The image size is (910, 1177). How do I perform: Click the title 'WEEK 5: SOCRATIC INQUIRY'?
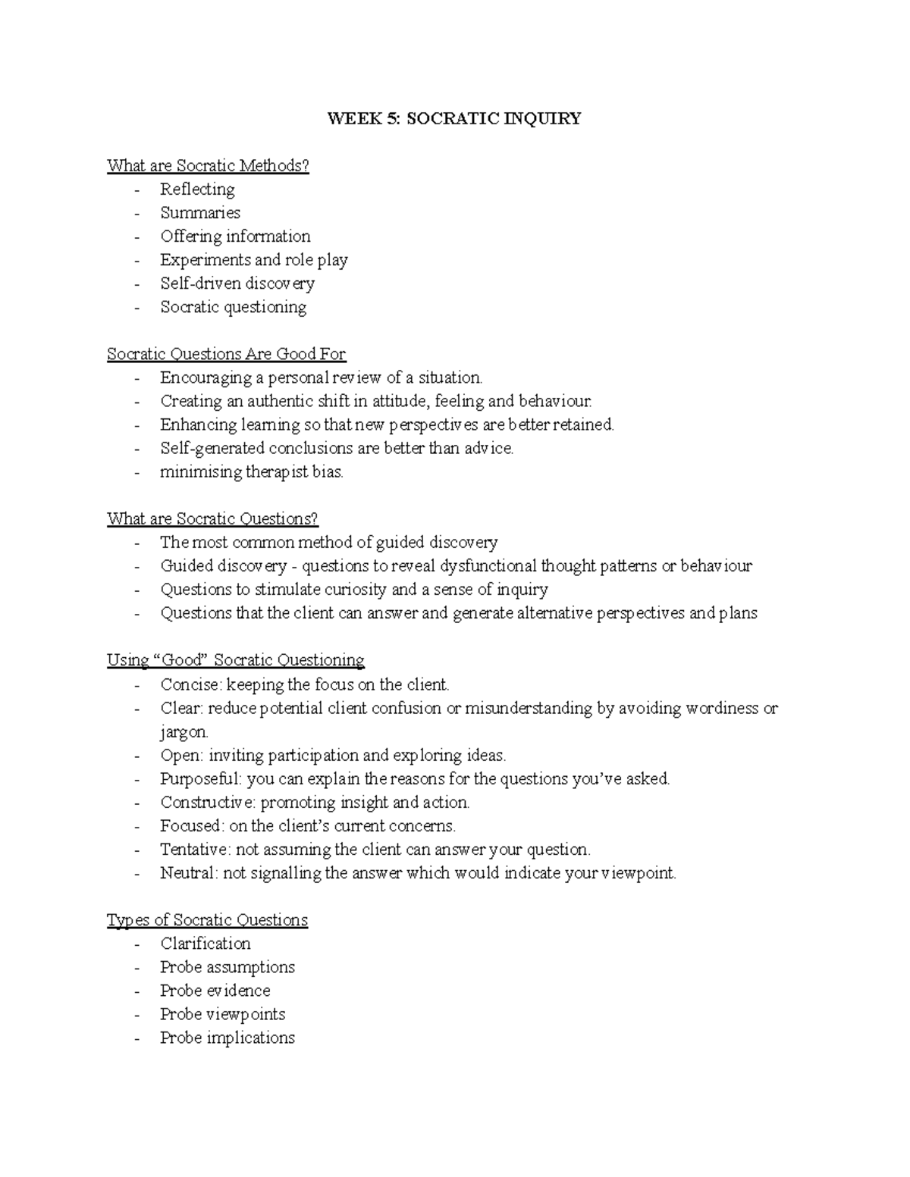coord(453,118)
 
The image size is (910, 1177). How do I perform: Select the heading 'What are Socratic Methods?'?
coord(208,165)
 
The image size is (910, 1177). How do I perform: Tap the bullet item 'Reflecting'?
coord(197,189)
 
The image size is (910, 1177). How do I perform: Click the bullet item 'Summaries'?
coord(200,213)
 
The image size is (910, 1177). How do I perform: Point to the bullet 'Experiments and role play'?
coord(253,260)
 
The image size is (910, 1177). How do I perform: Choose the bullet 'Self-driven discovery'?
coord(237,283)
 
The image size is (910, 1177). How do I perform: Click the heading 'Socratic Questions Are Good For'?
coord(226,354)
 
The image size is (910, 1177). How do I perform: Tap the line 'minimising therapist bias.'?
coord(252,472)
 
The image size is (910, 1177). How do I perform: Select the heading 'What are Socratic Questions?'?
coord(212,519)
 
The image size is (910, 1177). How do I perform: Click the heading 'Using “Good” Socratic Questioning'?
coord(235,660)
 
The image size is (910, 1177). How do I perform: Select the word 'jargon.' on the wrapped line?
coord(184,732)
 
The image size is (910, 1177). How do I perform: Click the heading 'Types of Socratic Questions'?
coord(207,920)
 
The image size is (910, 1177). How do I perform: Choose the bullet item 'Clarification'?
coord(205,944)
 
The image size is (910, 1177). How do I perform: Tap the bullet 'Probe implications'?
coord(227,1038)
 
